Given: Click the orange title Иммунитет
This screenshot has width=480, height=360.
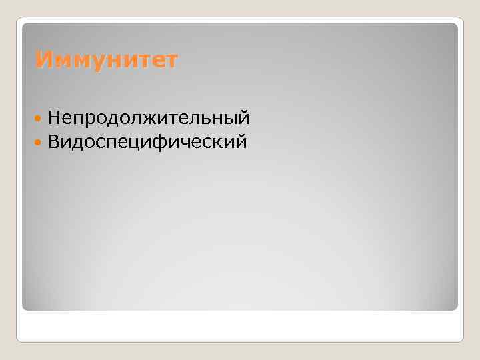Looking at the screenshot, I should point(107,61).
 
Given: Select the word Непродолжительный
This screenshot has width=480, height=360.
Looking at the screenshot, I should point(149,119).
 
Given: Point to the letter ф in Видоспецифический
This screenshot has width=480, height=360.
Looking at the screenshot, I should point(169,143).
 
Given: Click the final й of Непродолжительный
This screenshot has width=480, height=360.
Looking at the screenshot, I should point(243,119).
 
